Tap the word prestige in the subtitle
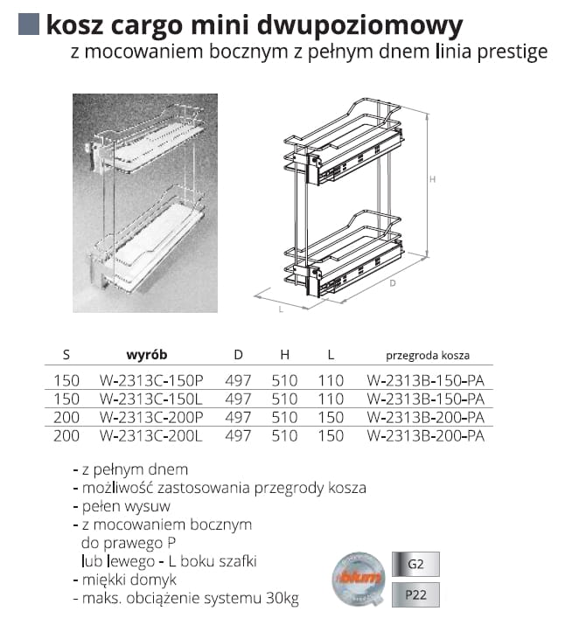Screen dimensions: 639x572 click(x=513, y=52)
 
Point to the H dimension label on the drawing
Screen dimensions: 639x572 click(x=433, y=179)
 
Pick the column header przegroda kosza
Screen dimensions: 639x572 click(x=428, y=356)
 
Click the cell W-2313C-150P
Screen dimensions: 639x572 click(x=151, y=381)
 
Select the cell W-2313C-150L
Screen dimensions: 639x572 click(x=151, y=399)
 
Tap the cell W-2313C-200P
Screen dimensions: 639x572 click(x=151, y=418)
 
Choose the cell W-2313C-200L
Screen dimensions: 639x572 click(x=151, y=435)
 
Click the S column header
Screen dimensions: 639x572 click(x=66, y=355)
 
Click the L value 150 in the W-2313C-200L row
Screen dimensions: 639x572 click(x=331, y=435)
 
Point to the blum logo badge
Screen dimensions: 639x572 click(x=358, y=579)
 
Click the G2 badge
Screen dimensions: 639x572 click(x=415, y=564)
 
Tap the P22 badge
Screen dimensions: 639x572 click(x=415, y=595)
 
